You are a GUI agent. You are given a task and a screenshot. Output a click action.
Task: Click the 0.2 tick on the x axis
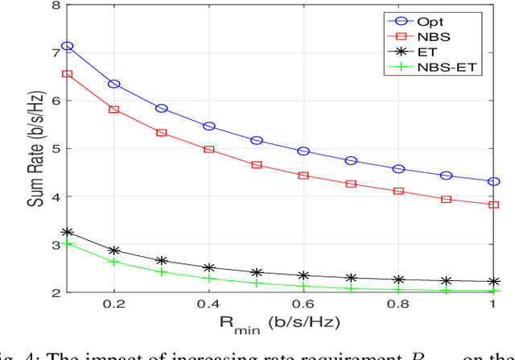[x=113, y=306]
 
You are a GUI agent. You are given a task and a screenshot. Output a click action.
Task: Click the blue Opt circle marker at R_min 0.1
[x=67, y=46]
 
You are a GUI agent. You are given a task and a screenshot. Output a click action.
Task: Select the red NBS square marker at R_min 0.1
[x=67, y=74]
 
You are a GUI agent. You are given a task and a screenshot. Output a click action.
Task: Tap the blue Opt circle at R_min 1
[x=493, y=181]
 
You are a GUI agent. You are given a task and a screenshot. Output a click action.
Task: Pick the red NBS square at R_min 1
[x=493, y=205]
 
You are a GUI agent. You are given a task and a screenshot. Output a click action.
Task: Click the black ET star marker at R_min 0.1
[x=67, y=232]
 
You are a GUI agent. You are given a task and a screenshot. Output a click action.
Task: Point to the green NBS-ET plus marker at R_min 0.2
[x=114, y=262]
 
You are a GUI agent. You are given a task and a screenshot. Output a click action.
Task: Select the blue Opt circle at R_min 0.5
[x=257, y=140]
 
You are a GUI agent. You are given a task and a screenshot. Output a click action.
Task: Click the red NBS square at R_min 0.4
[x=209, y=149]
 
